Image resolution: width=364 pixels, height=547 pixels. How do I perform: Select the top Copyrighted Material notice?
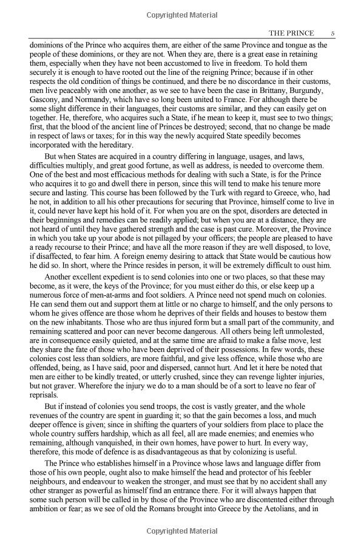click(x=182, y=13)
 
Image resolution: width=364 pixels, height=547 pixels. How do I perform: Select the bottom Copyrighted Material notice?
click(x=182, y=531)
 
